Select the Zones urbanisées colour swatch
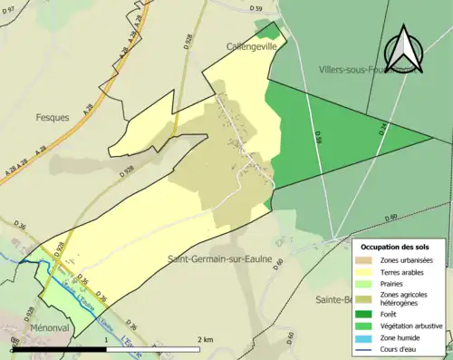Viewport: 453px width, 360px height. [365, 260]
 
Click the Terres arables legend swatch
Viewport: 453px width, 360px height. [365, 271]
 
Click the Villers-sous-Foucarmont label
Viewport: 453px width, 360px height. [367, 69]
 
